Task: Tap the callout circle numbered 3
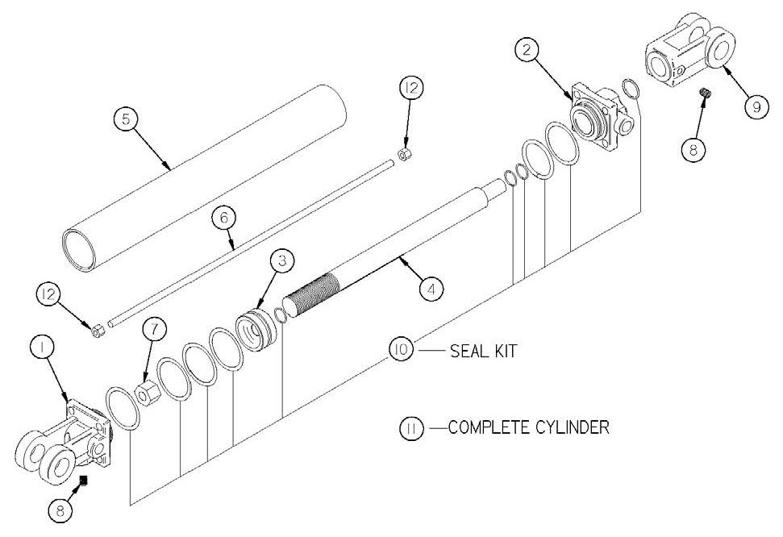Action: click(x=281, y=261)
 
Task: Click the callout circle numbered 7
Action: click(x=156, y=331)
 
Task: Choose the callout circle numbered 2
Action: click(x=527, y=50)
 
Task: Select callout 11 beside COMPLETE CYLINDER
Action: click(x=411, y=427)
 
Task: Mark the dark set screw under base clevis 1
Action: click(x=83, y=481)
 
